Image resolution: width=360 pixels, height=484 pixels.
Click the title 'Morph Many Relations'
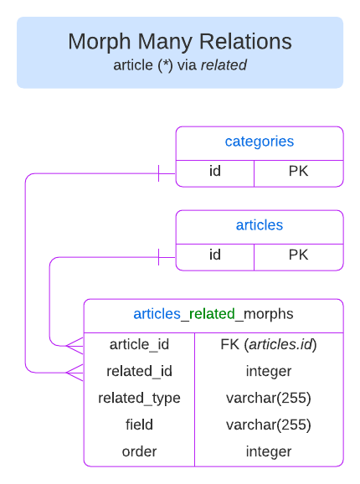(x=180, y=41)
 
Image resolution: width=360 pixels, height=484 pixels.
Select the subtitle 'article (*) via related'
(x=180, y=64)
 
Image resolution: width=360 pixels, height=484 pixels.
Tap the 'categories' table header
(x=260, y=142)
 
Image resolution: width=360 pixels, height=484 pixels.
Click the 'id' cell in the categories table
(x=215, y=172)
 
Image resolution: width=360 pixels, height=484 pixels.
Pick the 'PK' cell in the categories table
(x=298, y=172)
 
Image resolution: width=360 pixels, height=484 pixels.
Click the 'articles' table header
(x=260, y=225)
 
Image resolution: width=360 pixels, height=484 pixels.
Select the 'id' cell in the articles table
(x=215, y=255)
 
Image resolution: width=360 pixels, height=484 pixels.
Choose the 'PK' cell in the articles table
(x=298, y=255)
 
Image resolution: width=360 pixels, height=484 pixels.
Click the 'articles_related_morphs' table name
(x=213, y=314)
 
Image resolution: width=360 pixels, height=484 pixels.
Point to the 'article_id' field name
(x=139, y=344)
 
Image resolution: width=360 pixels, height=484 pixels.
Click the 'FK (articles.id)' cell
(x=268, y=344)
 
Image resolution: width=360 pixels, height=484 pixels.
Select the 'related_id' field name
(x=139, y=371)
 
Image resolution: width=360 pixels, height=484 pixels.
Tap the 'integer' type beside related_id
(x=268, y=371)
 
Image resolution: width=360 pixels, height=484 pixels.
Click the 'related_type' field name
(x=139, y=398)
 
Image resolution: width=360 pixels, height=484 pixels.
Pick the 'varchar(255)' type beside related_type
(x=268, y=398)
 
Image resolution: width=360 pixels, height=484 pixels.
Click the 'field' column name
(x=139, y=425)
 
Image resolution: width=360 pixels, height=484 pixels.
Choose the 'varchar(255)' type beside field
(x=268, y=425)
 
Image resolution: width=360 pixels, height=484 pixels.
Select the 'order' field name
(x=139, y=451)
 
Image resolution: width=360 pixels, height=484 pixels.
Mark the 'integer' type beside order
(x=268, y=451)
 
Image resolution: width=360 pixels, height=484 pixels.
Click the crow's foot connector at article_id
(x=75, y=344)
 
